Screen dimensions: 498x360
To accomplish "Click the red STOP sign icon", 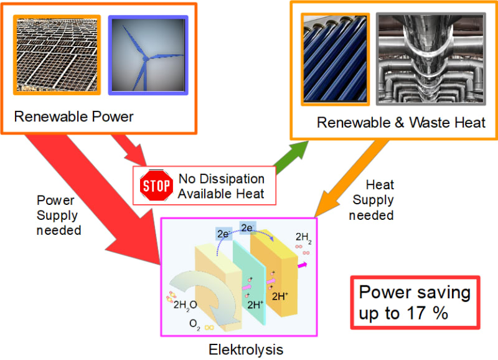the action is [x=156, y=185].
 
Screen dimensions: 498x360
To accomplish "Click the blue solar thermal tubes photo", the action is [x=336, y=58].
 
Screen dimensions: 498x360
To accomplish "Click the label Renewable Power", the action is [x=74, y=116].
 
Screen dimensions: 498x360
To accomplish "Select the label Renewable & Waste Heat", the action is [x=401, y=122].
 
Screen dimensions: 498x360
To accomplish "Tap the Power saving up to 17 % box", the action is [x=415, y=303].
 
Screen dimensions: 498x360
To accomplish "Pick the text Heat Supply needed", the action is [x=371, y=201].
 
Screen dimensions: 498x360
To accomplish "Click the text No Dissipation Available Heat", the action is [x=221, y=186].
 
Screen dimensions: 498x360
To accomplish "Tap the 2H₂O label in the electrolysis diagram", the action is [x=186, y=305].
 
